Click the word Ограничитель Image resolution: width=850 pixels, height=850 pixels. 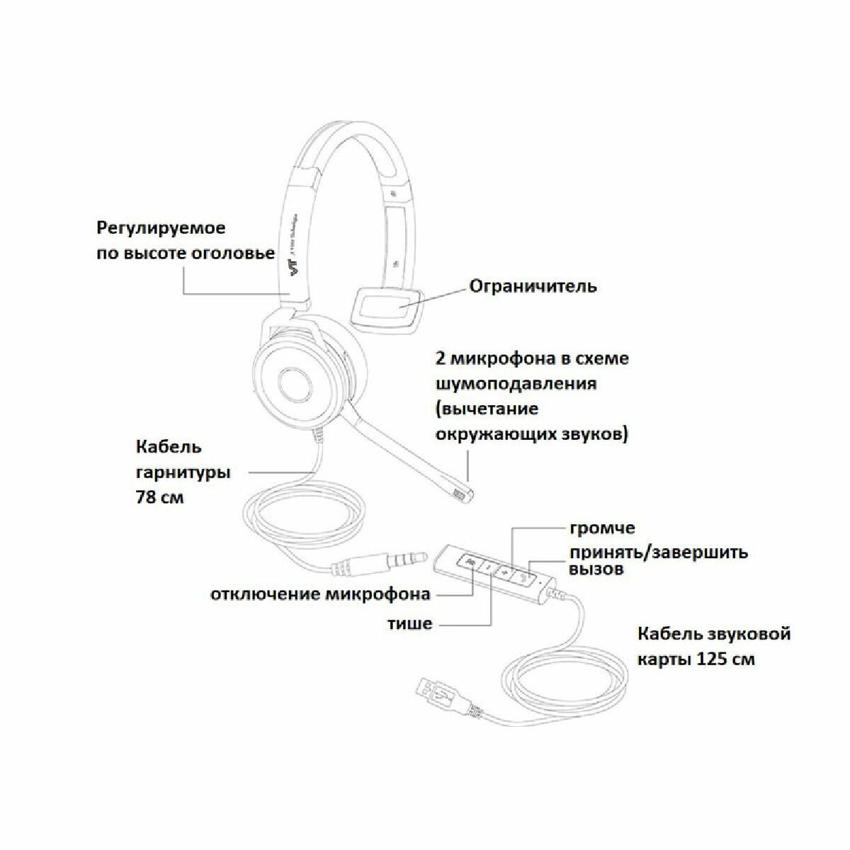[533, 286]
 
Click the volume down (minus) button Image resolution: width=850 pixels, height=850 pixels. [488, 567]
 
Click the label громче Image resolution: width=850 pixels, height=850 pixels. [602, 528]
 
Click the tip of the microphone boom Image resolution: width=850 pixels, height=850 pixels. [461, 494]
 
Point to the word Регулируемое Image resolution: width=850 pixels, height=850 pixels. [161, 229]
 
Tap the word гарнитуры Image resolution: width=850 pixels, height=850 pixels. [183, 472]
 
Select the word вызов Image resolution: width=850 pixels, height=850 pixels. [596, 569]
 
